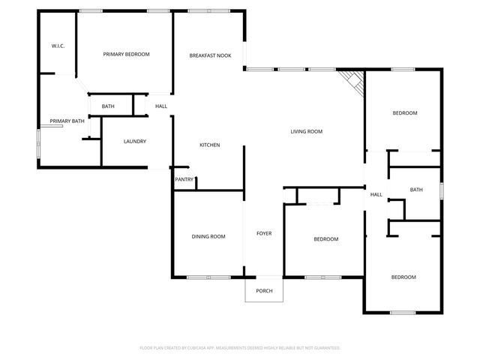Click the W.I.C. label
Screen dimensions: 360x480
58,46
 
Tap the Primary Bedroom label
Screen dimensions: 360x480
127,54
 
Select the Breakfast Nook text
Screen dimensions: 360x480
210,55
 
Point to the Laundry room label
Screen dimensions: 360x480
134,141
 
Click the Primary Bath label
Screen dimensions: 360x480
67,121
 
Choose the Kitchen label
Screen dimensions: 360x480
209,145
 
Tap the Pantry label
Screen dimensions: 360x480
184,179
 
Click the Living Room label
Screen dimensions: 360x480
307,131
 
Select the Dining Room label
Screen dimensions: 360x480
208,237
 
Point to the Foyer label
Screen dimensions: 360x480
264,233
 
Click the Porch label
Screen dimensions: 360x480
264,291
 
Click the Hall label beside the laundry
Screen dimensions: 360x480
161,106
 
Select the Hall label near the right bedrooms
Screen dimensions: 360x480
376,195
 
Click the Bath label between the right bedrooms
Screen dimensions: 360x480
417,190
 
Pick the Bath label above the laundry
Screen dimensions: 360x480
108,106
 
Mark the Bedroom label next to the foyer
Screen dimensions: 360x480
325,239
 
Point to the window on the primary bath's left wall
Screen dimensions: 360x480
40,143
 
